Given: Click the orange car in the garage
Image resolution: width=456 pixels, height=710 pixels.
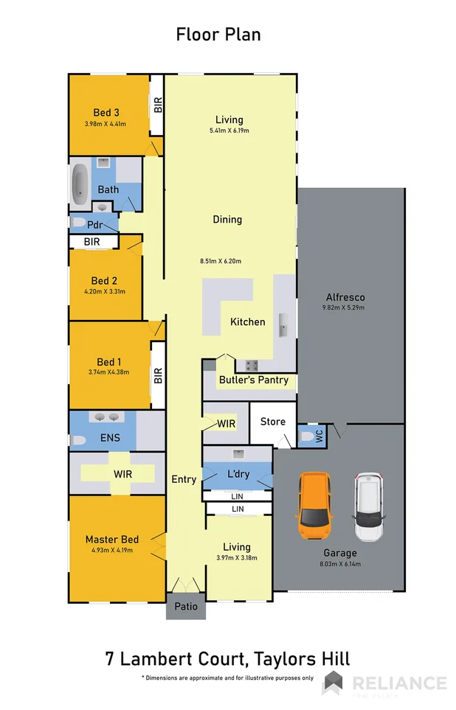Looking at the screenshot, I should coord(315,506).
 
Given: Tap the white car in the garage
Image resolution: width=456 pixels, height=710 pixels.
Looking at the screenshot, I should coord(367,507).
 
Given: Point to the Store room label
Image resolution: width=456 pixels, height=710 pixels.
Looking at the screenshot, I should coord(273,422).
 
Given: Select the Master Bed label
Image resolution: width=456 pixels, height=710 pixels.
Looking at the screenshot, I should coord(111,539).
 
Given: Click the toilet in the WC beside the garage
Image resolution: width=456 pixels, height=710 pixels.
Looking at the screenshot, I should coord(307,437).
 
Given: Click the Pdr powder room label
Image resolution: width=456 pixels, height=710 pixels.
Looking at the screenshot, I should coord(94,224).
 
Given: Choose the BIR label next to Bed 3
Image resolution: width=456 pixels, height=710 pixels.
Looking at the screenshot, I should coord(157,105).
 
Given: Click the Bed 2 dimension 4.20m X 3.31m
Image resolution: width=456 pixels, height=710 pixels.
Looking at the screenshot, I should coord(106,292).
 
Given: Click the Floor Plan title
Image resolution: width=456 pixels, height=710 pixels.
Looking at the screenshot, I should coord(218,34).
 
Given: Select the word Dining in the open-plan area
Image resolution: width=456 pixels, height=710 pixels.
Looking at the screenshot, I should coord(227,220).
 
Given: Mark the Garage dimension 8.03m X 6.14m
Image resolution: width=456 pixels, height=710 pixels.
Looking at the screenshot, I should coord(339,564).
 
